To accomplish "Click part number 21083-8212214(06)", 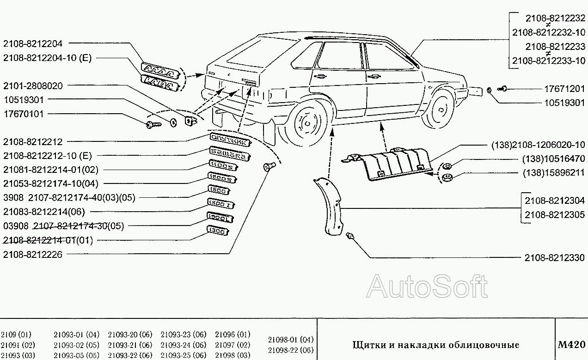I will point(44,212).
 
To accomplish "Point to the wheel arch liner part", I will point(330,206).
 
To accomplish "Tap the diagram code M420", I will point(572,344).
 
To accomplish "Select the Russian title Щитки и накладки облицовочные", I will point(435,345).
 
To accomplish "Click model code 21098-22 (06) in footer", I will point(291,350).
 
